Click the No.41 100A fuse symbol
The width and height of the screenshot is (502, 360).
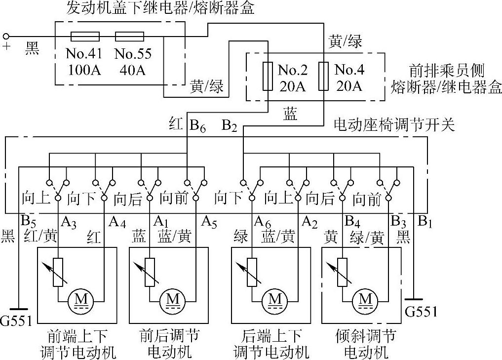point(85,36)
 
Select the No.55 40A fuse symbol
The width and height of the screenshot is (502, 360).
point(129,36)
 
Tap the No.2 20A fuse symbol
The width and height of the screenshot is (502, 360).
point(267,76)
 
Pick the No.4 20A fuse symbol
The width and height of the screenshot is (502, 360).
point(323,76)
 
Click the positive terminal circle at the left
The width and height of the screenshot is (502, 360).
point(7,36)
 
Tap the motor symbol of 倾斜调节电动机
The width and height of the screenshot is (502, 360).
point(366,299)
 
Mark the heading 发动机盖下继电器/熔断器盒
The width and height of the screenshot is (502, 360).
point(161,8)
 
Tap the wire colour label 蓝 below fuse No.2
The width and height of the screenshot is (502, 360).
point(290,114)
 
